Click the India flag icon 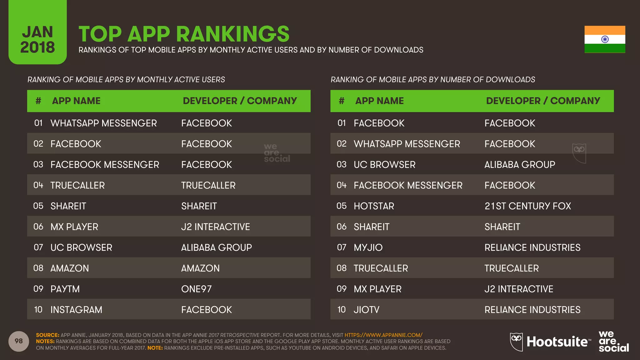[x=605, y=39]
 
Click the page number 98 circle [x=19, y=341]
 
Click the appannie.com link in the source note [x=383, y=335]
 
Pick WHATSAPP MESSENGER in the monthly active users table [x=103, y=123]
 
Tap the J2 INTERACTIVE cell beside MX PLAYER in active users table [x=215, y=227]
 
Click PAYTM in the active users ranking [x=65, y=289]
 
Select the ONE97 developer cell [x=196, y=289]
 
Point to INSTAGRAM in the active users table [x=76, y=310]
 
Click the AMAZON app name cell [x=70, y=268]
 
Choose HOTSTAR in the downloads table [x=374, y=206]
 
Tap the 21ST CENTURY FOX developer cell [x=527, y=206]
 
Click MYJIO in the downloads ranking [x=368, y=247]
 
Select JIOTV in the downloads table [x=366, y=310]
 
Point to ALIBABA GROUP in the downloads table [x=520, y=165]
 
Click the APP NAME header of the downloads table [x=379, y=101]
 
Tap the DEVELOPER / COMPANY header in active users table [x=240, y=101]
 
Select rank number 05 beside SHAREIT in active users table [x=38, y=206]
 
